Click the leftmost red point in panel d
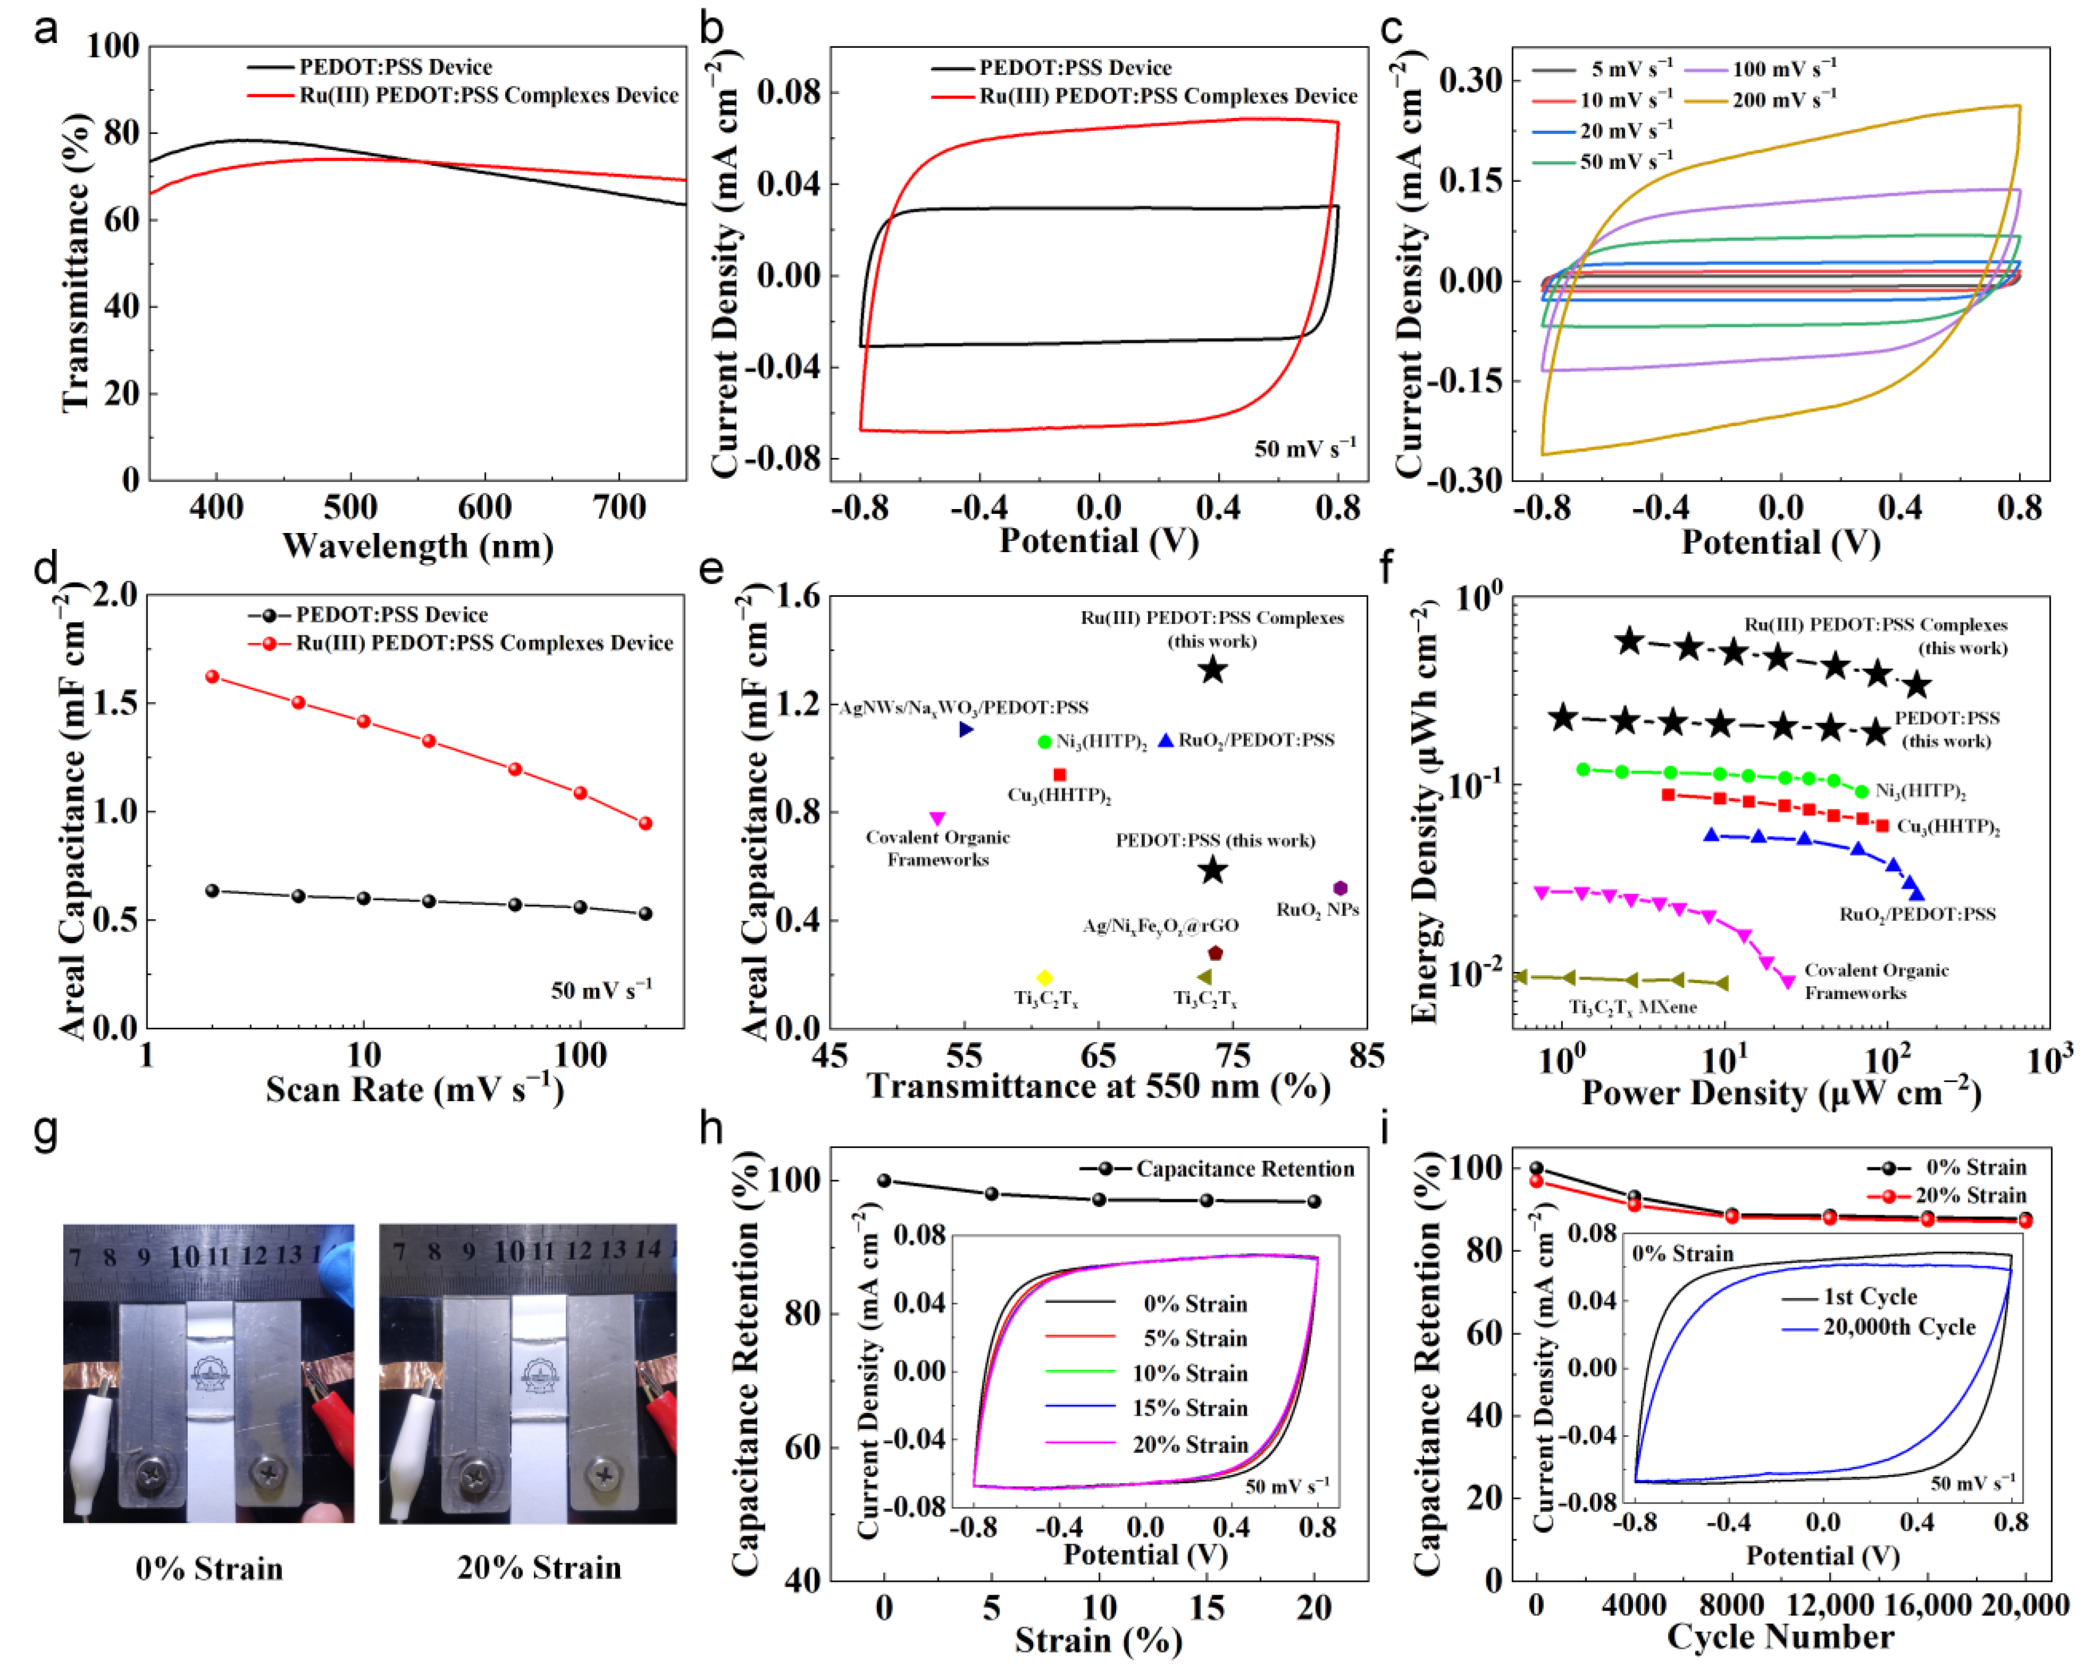coord(212,676)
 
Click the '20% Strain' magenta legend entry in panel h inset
coord(1189,1445)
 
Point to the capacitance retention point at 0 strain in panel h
coord(884,1181)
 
